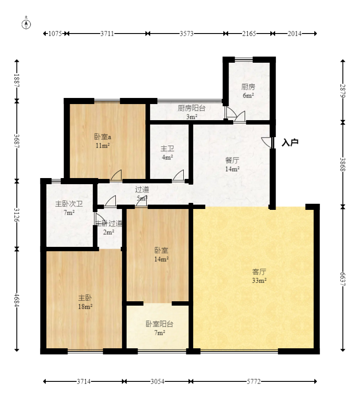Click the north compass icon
pos(26,24)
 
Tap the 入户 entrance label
pos(290,143)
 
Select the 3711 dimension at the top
pos(107,34)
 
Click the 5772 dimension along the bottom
pos(254,381)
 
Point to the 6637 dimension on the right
pos(343,279)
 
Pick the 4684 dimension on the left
pos(17,300)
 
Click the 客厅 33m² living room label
pos(259,276)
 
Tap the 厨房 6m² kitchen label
pos(248,91)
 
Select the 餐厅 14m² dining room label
pos(232,164)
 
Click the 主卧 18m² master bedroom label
pos(85,302)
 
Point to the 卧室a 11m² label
pos(102,141)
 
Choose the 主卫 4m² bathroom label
pos(167,153)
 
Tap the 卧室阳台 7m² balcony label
pos(160,328)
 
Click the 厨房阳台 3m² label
pos(192,112)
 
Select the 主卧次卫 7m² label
pos(69,208)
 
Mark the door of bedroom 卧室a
pos(116,175)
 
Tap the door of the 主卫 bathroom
pos(178,175)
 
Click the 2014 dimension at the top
pos(295,34)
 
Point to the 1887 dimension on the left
pos(17,81)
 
